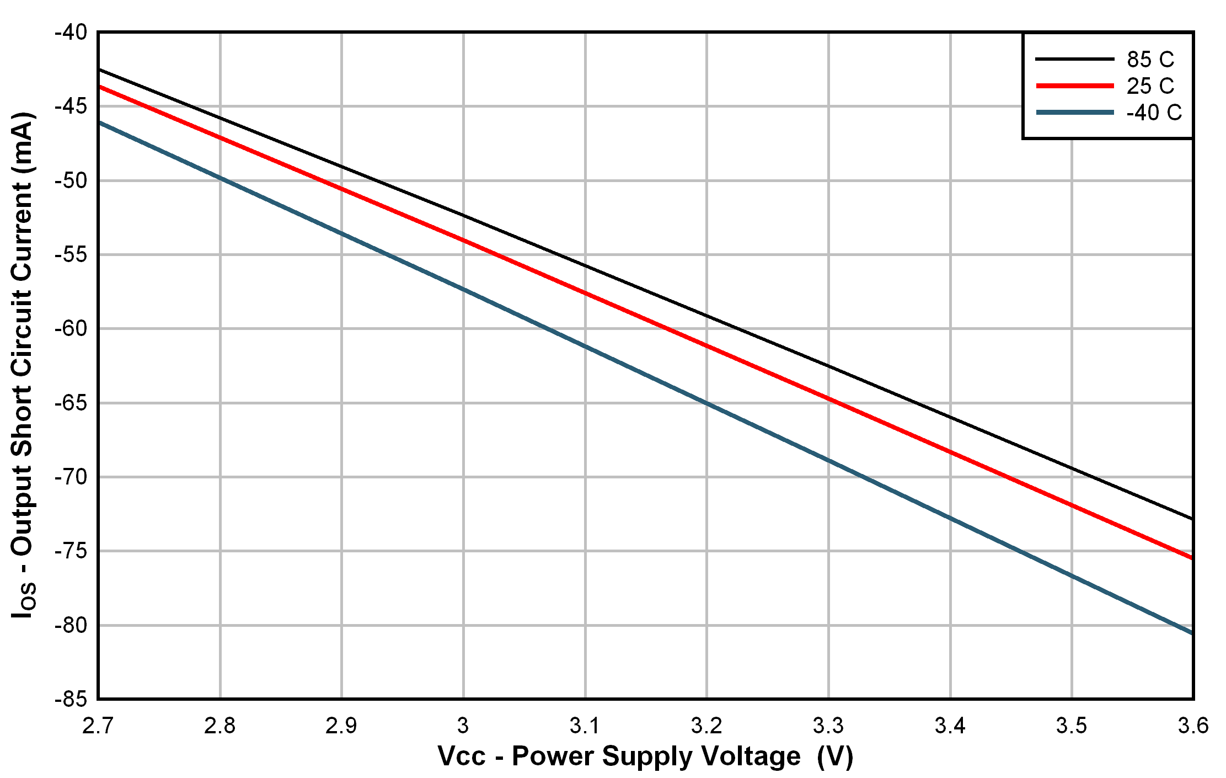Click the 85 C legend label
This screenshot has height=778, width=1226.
[1150, 59]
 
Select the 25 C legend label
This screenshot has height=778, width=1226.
[1150, 86]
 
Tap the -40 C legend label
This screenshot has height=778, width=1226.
[1154, 113]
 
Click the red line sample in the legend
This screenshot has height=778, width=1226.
[1075, 86]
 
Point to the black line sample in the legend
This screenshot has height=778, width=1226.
[1075, 59]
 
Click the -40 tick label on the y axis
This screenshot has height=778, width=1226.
[71, 33]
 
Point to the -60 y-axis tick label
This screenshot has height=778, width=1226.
[71, 329]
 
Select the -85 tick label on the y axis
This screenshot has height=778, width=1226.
[71, 700]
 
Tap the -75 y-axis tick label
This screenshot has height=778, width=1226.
[71, 551]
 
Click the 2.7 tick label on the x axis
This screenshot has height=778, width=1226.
[98, 726]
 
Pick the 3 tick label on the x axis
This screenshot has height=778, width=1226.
[463, 726]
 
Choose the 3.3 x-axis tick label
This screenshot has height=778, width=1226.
[828, 726]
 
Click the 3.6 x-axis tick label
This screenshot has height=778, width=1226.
[1193, 726]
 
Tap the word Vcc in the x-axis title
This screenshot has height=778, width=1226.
[462, 756]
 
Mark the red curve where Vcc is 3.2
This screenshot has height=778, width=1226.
[707, 347]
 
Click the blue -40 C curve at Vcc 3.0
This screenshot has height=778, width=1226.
[463, 289]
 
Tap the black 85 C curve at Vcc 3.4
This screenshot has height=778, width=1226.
[950, 417]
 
